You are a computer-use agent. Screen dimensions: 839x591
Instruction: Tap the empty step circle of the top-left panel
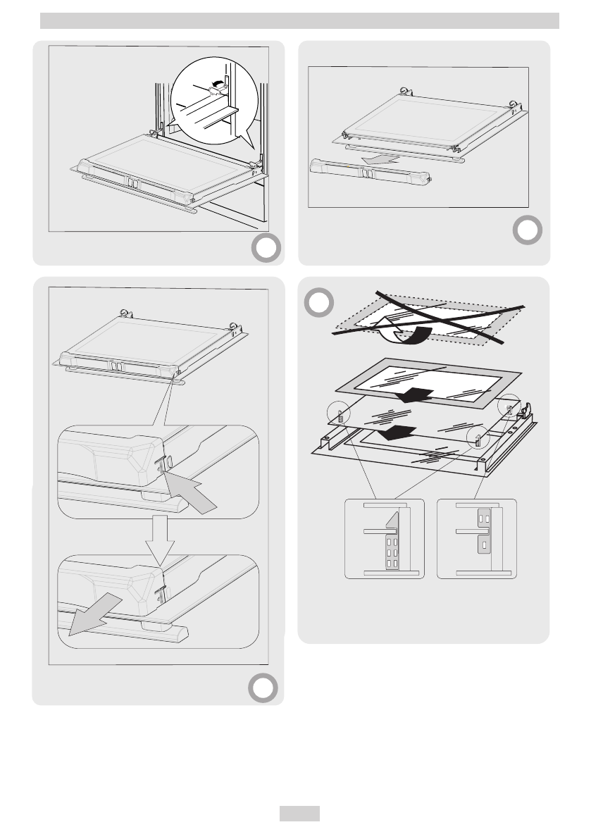pyautogui.click(x=266, y=248)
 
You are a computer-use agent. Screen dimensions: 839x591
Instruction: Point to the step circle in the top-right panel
pyautogui.click(x=527, y=230)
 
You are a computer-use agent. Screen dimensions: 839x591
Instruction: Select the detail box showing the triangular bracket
pyautogui.click(x=385, y=539)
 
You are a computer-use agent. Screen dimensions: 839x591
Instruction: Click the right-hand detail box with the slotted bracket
pyautogui.click(x=477, y=539)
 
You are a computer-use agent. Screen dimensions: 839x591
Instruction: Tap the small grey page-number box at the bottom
pyautogui.click(x=299, y=814)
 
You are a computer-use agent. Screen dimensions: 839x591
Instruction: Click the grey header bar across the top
pyautogui.click(x=299, y=21)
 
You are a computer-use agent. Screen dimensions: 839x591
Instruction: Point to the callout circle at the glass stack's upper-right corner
pyautogui.click(x=509, y=406)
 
